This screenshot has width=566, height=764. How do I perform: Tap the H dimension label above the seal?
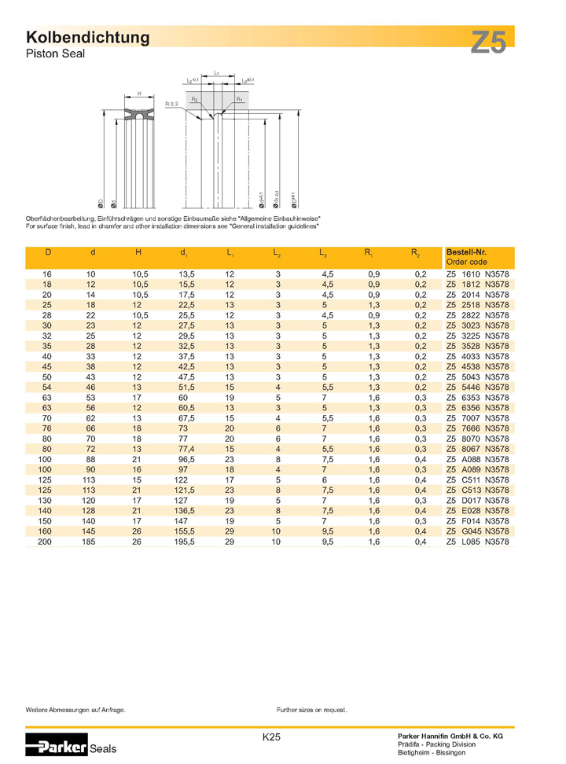click(139, 94)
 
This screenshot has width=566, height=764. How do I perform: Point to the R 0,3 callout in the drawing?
click(172, 104)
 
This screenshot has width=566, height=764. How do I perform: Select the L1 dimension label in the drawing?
click(215, 72)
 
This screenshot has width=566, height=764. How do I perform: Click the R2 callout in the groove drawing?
click(194, 100)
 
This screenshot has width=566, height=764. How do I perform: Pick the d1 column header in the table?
click(183, 253)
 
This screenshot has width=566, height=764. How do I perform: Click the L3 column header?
click(323, 253)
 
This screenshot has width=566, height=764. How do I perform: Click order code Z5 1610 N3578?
click(478, 274)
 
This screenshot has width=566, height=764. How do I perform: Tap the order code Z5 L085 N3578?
click(478, 543)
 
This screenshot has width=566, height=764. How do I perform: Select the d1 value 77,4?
click(183, 450)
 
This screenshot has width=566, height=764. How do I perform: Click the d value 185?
click(94, 543)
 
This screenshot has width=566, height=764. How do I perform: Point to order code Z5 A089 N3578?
click(478, 471)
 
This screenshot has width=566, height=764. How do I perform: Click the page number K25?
click(272, 737)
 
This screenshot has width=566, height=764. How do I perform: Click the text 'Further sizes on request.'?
click(311, 710)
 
